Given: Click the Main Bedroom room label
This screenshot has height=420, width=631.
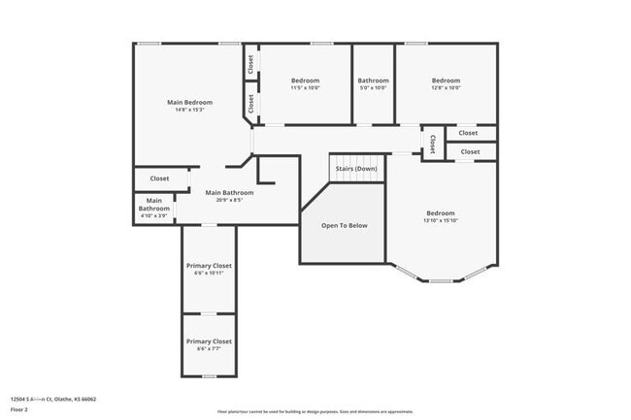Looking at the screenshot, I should [189, 102].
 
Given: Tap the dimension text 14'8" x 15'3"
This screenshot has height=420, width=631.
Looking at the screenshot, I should [189, 110].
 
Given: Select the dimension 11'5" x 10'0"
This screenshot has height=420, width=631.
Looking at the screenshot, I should [305, 88].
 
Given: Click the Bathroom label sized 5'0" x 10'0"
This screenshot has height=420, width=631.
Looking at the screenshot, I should [373, 81].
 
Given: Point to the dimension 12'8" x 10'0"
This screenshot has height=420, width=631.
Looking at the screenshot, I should [446, 88].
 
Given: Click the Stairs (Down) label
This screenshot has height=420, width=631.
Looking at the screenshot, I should [356, 169].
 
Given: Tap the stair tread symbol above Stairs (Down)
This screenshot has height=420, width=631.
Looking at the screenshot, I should [356, 159].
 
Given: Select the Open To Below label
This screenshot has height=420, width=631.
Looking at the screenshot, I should [345, 225].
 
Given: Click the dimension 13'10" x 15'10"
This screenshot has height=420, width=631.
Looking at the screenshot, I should [440, 221].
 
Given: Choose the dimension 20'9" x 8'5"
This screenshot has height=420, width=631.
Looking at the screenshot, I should [230, 201].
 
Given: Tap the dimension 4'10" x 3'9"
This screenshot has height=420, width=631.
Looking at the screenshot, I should [153, 216].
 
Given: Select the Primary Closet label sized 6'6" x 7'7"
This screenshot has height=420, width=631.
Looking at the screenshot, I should [209, 341].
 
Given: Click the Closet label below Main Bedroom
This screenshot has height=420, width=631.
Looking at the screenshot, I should [159, 178].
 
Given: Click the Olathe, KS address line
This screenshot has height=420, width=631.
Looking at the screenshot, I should [53, 399].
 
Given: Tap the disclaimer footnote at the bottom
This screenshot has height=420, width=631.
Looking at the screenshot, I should [315, 411].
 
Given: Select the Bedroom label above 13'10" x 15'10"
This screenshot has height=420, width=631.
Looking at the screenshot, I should [440, 213].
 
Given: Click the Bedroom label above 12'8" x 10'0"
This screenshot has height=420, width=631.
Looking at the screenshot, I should [446, 81].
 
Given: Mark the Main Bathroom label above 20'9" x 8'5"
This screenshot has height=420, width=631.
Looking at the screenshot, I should [230, 193].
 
